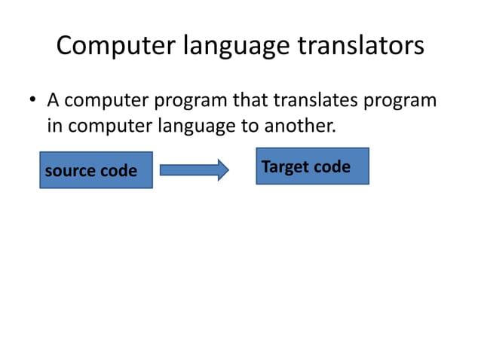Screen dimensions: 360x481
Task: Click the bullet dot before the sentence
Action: point(33,101)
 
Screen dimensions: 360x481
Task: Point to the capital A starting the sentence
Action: point(54,100)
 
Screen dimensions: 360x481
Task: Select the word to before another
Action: point(250,126)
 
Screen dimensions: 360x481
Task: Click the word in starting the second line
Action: point(54,126)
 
